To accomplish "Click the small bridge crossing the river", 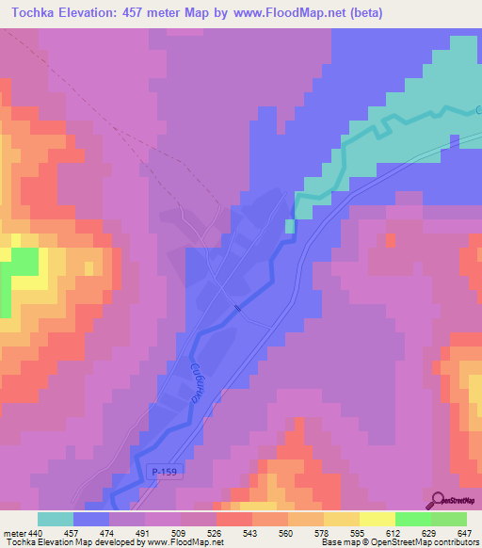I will pos(236,307).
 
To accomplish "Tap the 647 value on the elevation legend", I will pos(465,533).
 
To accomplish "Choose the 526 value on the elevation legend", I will pos(217,533).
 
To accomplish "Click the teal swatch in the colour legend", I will pos(55,519).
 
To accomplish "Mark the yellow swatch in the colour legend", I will pos(378,519).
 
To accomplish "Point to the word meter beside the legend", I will pos(14,533).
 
